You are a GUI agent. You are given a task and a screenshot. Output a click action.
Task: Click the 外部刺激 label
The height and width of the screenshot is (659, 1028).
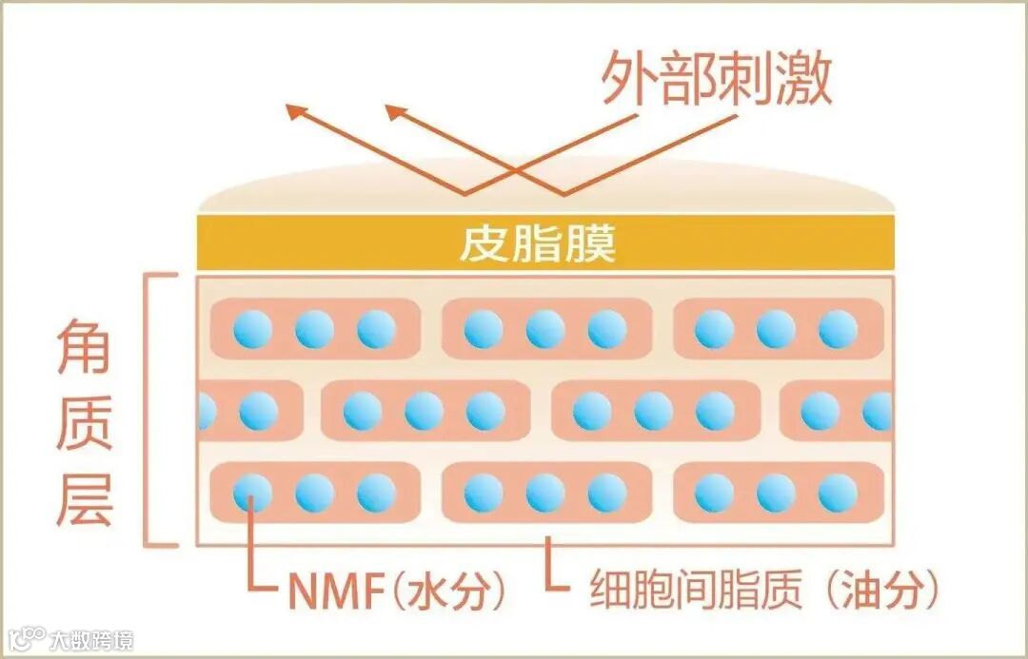pos(717,78)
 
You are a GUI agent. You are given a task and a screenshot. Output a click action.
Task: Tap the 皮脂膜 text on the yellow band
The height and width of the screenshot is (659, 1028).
pos(538,243)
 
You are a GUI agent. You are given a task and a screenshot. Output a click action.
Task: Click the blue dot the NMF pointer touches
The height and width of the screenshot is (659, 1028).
pos(252,493)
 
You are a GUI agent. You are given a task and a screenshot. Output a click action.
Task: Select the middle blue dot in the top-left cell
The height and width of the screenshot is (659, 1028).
pos(314,329)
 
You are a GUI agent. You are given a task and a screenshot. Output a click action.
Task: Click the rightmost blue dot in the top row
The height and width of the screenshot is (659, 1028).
pos(838,329)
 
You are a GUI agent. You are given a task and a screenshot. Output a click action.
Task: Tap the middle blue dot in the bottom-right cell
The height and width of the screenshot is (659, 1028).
pos(776,493)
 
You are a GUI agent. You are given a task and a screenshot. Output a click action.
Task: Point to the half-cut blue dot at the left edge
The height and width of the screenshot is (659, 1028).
pos(207,411)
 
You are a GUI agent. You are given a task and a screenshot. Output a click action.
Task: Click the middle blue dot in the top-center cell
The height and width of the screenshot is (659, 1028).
pos(545,329)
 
